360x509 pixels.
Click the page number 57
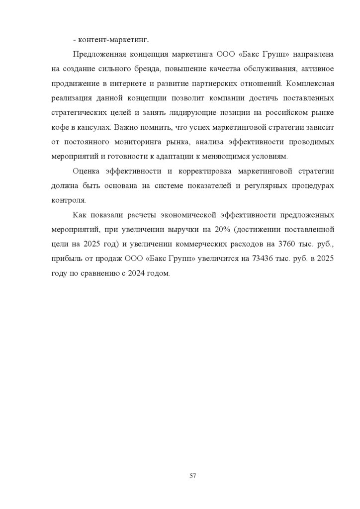click(193, 476)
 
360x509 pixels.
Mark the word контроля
click(69, 200)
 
